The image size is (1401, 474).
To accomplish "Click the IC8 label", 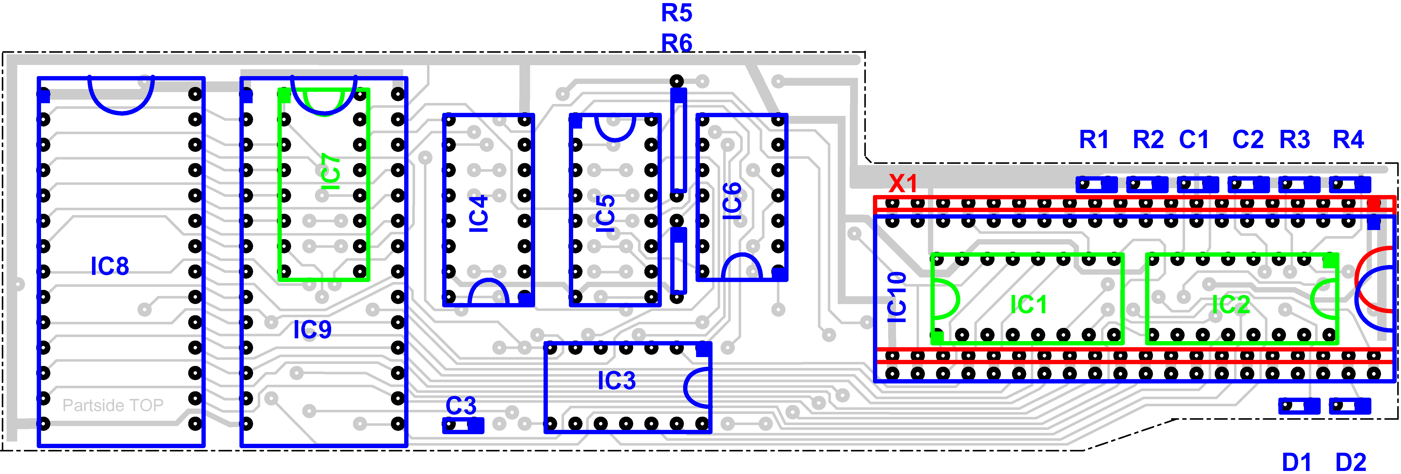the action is [110, 266].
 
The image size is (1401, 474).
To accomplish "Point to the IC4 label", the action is [479, 213].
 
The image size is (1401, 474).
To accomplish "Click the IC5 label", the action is [605, 213].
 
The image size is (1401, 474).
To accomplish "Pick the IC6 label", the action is [732, 201].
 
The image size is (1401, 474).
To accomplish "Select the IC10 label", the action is [897, 297].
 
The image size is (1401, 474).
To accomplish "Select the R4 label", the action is [1348, 140].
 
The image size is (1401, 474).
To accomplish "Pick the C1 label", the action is [1194, 140].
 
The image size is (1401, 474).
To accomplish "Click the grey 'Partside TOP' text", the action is [113, 406].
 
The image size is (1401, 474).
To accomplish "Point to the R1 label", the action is [1094, 140].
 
